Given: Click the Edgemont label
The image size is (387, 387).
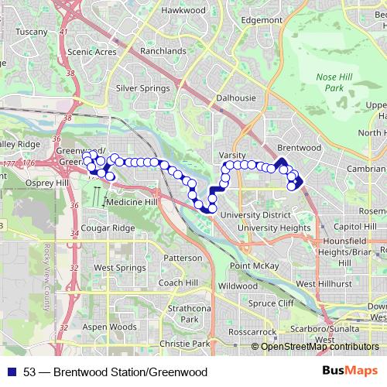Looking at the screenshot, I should (x=262, y=19).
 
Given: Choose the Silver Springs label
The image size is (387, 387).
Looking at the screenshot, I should (x=142, y=88).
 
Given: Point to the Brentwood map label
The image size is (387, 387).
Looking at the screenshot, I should (x=298, y=147).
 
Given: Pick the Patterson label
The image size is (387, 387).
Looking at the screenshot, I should (x=183, y=258).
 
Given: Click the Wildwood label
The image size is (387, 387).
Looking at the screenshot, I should (x=237, y=286).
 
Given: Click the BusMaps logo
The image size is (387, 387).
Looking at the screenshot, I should (x=353, y=372).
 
